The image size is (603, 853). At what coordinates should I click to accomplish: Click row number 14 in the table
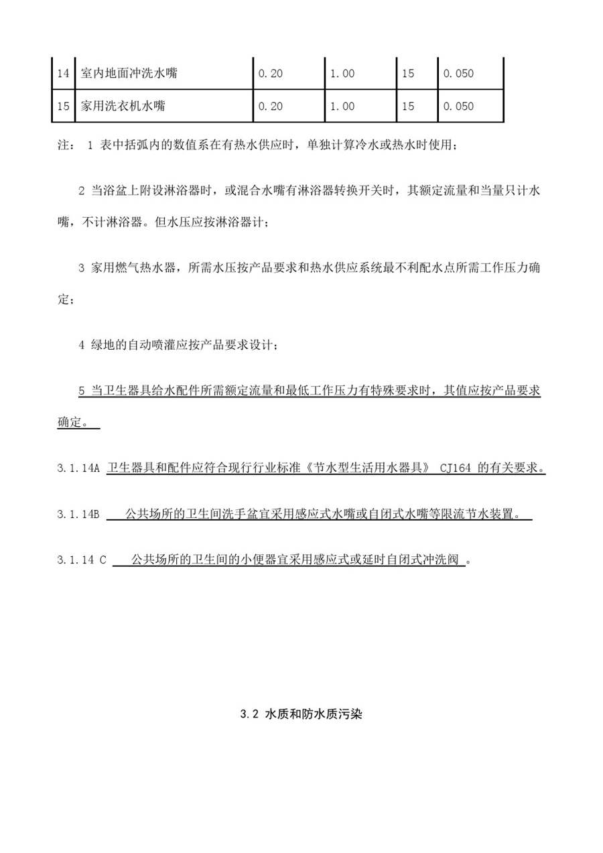pyautogui.click(x=63, y=73)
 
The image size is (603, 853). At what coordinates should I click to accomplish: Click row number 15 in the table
pyautogui.click(x=63, y=107)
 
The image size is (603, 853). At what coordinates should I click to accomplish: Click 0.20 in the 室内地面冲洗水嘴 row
pyautogui.click(x=270, y=73)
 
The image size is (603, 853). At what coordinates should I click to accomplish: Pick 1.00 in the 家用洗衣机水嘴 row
pyautogui.click(x=342, y=107)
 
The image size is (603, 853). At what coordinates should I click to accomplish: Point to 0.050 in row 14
pyautogui.click(x=458, y=73)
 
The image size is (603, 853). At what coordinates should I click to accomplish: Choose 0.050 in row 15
pyautogui.click(x=458, y=107)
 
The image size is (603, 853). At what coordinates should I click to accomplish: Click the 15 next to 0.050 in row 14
pyautogui.click(x=408, y=73)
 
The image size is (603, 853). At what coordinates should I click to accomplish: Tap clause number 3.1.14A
pyautogui.click(x=78, y=469)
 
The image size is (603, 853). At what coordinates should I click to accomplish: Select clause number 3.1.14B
pyautogui.click(x=78, y=515)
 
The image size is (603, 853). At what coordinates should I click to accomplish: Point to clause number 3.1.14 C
pyautogui.click(x=82, y=560)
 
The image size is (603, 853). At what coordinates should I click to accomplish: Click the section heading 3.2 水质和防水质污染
pyautogui.click(x=301, y=715)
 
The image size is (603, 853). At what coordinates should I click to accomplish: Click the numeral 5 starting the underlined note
pyautogui.click(x=82, y=391)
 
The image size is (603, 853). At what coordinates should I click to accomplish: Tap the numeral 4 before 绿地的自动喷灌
pyautogui.click(x=82, y=346)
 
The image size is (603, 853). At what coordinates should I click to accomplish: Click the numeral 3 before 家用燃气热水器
pyautogui.click(x=82, y=269)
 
